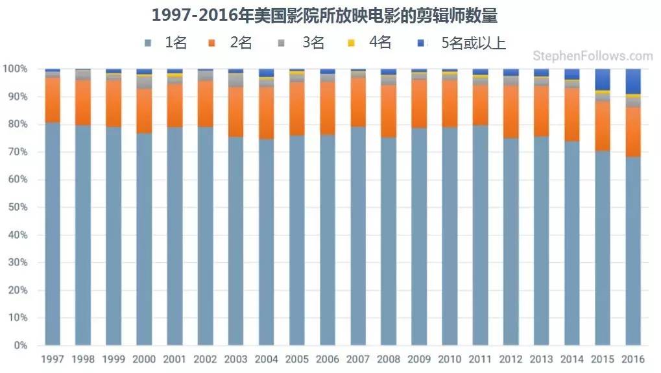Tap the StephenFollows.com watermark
[x=592, y=56]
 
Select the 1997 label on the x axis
[x=53, y=359]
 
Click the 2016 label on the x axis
[x=633, y=359]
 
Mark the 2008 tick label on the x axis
[x=389, y=359]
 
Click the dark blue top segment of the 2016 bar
[x=633, y=82]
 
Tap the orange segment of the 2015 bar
[x=603, y=126]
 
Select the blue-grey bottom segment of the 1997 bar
[x=53, y=234]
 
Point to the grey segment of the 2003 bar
[x=236, y=80]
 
